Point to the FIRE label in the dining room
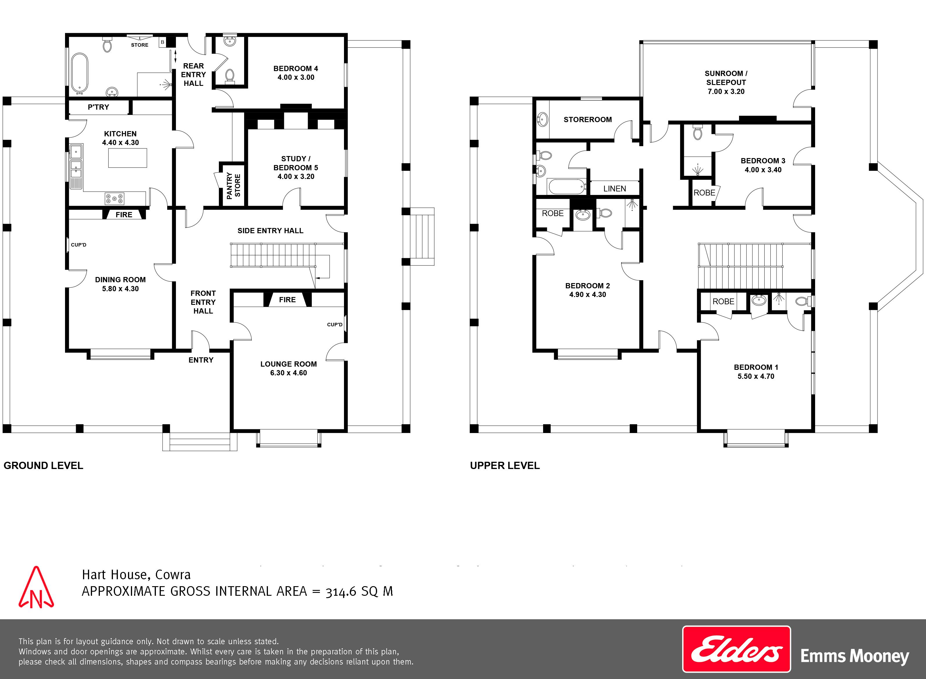coord(124,215)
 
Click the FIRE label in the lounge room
coord(287,300)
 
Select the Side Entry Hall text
coord(270,231)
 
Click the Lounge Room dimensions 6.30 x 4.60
coord(288,373)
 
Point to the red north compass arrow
coord(36,588)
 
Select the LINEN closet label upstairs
coord(615,189)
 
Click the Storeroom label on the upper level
coord(588,119)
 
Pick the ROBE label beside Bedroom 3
coord(704,193)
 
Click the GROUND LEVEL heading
coord(43,466)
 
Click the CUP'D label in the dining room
coord(79,245)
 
